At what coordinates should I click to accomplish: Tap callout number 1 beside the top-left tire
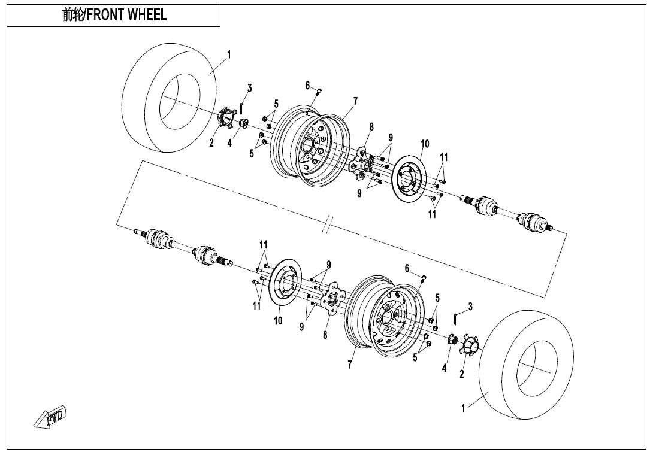pyautogui.click(x=229, y=55)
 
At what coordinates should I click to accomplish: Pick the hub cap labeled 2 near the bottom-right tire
pyautogui.click(x=470, y=345)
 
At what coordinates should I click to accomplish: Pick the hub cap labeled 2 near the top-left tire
pyautogui.click(x=224, y=117)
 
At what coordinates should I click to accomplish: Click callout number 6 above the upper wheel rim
pyautogui.click(x=307, y=86)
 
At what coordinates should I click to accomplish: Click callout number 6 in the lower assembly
pyautogui.click(x=407, y=268)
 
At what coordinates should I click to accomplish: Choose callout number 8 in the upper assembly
pyautogui.click(x=371, y=127)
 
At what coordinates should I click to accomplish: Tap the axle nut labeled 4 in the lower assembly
pyautogui.click(x=453, y=341)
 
